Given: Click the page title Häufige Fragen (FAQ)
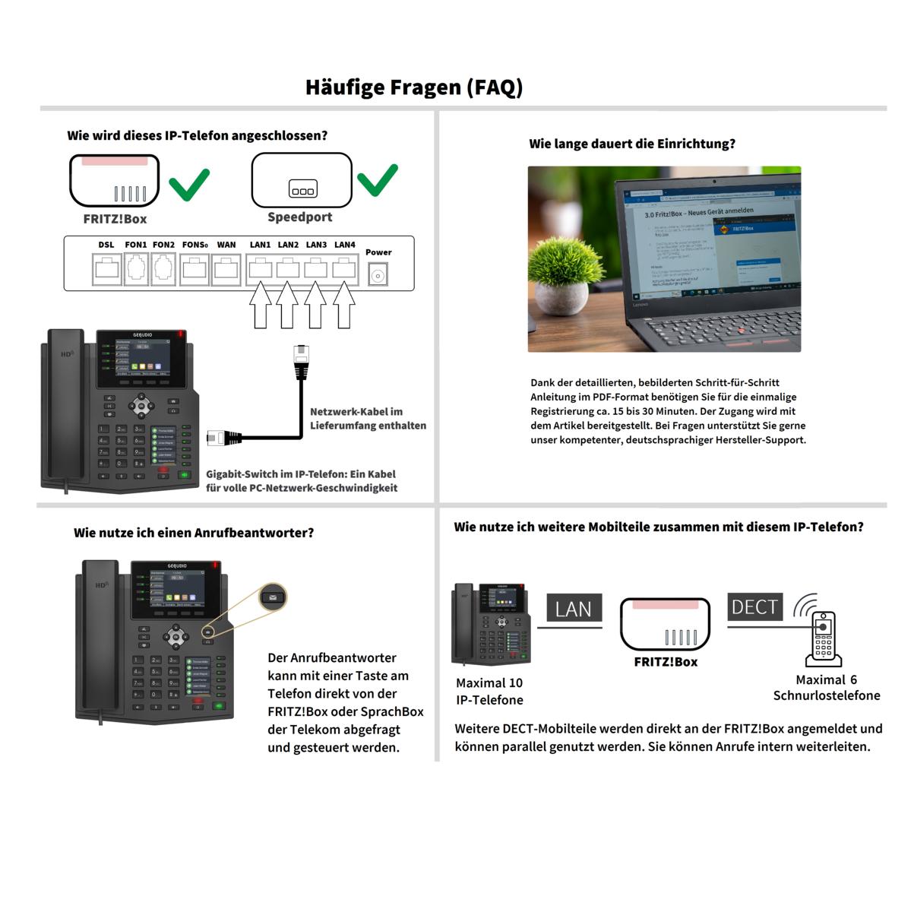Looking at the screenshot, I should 414,87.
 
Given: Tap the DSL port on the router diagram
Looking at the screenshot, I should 106,270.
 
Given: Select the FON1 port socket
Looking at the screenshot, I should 136,270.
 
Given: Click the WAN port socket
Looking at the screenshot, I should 226,270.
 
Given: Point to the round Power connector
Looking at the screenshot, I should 378,275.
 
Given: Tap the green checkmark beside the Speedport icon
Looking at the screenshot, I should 378,180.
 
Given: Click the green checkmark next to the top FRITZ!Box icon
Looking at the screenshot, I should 188,184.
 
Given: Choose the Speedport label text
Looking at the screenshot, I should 300,217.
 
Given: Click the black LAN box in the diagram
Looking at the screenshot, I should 574,609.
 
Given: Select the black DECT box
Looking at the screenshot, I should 754,607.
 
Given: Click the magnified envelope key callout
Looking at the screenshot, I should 273,597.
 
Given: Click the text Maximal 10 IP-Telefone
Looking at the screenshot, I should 489,692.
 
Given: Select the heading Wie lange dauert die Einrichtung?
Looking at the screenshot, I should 632,144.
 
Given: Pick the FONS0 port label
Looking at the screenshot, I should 195,245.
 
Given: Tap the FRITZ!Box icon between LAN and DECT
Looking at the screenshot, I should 665,624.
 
